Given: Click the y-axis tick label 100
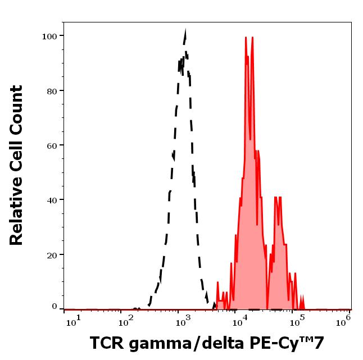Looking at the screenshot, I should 50,36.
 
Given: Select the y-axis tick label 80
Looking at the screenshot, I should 52,90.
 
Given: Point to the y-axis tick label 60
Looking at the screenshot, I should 52,145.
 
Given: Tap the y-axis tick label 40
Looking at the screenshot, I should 52,199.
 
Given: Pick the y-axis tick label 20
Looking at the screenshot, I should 52,254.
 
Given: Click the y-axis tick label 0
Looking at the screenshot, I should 55,307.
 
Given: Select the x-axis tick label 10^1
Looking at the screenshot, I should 74,320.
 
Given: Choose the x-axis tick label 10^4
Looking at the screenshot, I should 240,320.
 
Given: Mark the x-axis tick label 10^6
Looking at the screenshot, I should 343,320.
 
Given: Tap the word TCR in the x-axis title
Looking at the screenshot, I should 106,343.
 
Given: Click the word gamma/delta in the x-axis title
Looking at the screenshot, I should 182,343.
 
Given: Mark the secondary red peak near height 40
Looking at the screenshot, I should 276,197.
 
